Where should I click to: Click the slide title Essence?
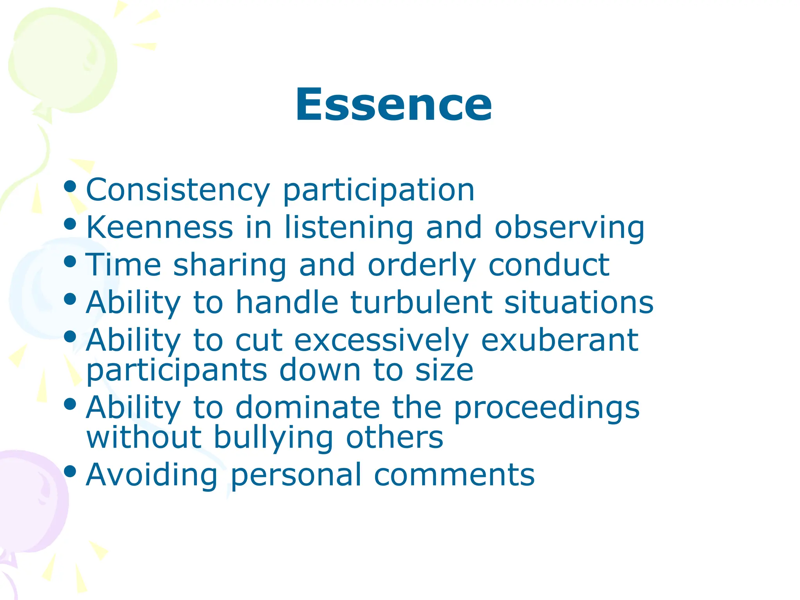[393, 105]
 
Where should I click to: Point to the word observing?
[570, 228]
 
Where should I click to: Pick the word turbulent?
[421, 302]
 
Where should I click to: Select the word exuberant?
[559, 340]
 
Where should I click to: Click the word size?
[444, 370]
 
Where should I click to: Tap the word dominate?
[307, 407]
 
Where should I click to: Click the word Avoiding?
[152, 475]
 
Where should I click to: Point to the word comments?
[454, 475]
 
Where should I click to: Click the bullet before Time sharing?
[70, 261]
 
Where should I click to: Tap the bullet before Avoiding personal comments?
[70, 471]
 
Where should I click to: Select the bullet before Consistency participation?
[70, 186]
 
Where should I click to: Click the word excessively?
[381, 340]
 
